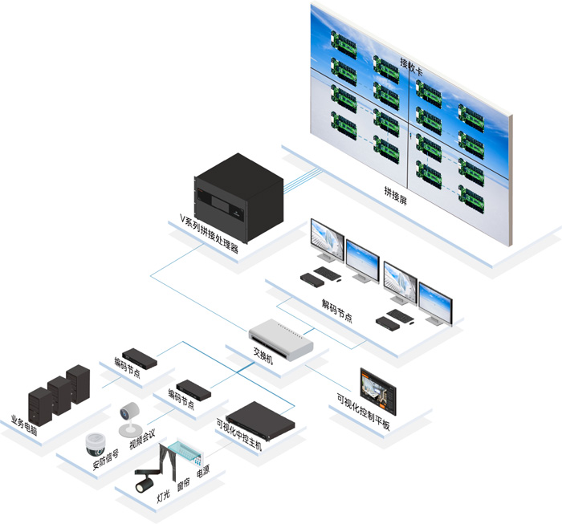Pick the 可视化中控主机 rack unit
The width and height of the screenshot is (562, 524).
point(260,419)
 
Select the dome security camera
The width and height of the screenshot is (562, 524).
point(96,443)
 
